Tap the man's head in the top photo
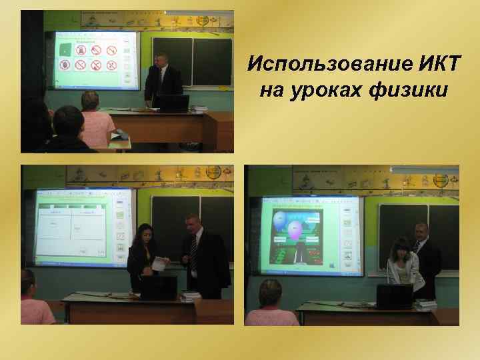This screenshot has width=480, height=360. pos(162,59)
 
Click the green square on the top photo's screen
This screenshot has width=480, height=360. pos(65,49)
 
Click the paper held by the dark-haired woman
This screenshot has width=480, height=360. pos(159,263)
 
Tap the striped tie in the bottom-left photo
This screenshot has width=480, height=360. pos(194,253)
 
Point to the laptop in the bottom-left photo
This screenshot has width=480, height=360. pos(158,287)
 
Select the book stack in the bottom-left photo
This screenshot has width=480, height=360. pos(190,295)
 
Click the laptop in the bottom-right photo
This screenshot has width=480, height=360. pos(395,295)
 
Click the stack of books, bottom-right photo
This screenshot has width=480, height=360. pos(425,304)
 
